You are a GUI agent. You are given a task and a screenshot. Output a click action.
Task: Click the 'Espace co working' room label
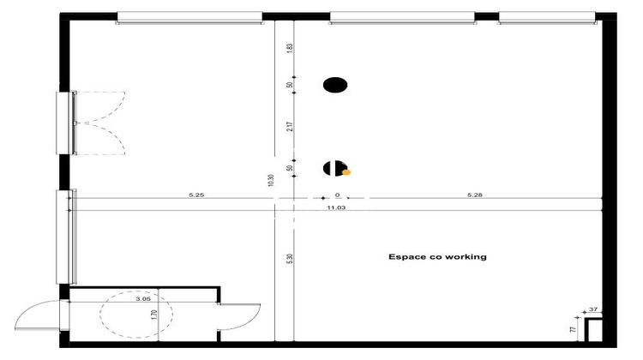437,256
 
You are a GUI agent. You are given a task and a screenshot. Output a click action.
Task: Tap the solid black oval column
335,84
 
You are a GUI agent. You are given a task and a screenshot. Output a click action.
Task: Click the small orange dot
346,171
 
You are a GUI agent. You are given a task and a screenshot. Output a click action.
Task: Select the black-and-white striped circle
334,168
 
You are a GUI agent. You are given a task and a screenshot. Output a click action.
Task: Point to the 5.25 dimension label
196,195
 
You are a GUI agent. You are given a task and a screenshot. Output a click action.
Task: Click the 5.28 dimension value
475,195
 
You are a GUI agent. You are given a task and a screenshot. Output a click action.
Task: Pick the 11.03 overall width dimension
336,207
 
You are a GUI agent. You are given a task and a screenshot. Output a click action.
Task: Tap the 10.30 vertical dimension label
270,180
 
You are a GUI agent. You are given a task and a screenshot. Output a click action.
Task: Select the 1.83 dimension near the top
291,49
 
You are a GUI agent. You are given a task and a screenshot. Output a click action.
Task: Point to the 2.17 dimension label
291,127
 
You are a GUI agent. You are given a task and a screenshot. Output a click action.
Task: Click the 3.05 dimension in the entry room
143,300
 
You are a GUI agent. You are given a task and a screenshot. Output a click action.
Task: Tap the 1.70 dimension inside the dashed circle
154,315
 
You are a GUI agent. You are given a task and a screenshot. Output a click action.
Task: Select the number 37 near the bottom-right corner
593,309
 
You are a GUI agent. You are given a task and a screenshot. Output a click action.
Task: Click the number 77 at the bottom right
573,327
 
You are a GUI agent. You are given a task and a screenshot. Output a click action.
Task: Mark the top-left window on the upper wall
189,17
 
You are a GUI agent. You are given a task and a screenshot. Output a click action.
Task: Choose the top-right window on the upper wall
546,17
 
